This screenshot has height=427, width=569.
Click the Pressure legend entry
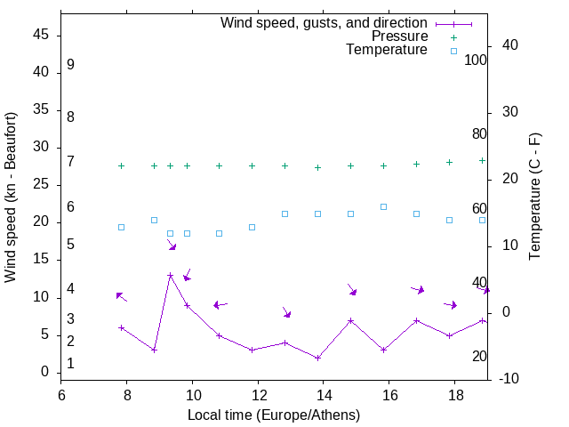coord(399,36)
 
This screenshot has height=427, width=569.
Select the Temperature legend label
coord(387,50)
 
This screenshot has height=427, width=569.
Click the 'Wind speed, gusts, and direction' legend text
coord(324,23)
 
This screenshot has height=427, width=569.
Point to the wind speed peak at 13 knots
coord(170,276)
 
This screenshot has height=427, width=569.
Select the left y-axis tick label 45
coord(41,35)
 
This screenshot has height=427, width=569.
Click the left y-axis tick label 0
coord(45,372)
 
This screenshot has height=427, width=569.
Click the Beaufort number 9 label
coord(70,65)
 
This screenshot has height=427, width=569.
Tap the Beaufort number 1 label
coord(70,364)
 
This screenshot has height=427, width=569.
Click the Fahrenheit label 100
coord(476,60)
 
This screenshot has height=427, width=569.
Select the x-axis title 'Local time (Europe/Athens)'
coord(274,415)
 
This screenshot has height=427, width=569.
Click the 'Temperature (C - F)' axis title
coord(534,197)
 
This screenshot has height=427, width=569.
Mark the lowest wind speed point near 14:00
coord(317,358)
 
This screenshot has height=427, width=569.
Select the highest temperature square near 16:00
coord(383,206)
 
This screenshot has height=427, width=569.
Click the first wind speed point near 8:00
coord(122,327)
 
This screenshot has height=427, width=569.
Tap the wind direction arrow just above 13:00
coord(286,312)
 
